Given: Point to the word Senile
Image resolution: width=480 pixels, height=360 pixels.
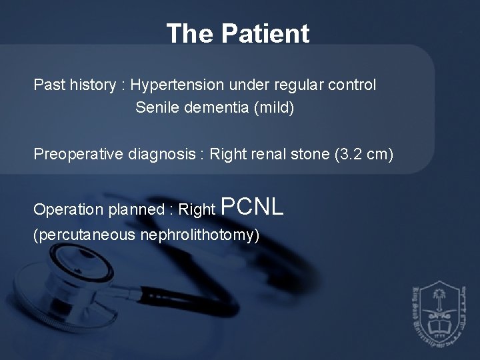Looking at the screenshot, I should point(155,107).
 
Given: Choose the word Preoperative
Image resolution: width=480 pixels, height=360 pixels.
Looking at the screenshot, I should point(78,155).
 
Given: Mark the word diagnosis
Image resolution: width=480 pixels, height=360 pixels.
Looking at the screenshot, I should point(163,155).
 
